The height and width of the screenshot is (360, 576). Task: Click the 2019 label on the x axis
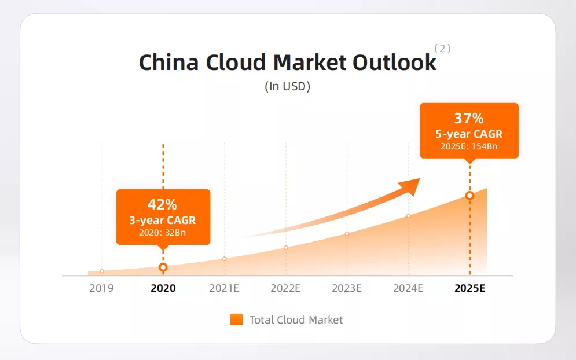101,288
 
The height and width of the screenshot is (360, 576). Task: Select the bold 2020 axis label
163,288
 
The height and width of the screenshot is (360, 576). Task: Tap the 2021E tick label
224,288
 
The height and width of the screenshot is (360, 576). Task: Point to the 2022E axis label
285,288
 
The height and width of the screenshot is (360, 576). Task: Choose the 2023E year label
347,288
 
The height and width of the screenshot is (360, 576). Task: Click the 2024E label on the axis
408,288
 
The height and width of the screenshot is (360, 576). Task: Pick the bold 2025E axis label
470,288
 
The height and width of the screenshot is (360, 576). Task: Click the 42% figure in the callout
162,204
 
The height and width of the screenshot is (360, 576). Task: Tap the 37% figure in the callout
469,118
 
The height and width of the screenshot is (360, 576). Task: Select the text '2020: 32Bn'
162,233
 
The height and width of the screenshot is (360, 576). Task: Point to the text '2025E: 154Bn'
469,146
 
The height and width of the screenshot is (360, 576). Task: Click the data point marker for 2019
102,271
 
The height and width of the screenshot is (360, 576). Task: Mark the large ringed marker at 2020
163,267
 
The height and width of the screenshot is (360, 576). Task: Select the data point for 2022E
286,248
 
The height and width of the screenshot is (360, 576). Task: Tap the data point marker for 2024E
409,216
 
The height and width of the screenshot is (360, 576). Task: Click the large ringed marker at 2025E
469,196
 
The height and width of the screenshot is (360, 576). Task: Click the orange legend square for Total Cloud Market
236,319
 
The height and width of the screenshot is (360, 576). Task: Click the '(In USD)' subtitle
287,86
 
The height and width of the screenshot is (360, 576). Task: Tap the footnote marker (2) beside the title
442,49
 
